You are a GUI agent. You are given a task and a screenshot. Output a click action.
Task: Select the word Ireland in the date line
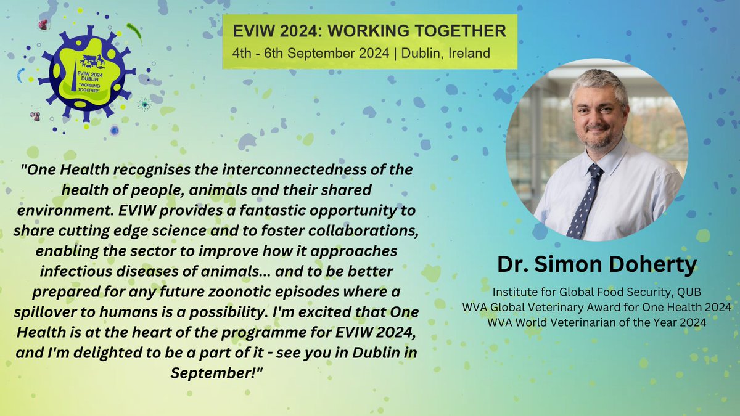468,53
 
